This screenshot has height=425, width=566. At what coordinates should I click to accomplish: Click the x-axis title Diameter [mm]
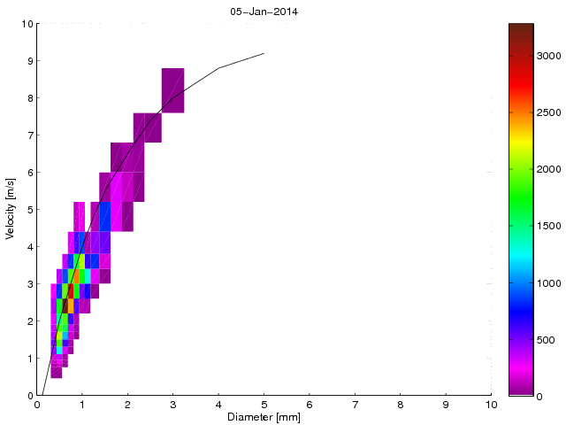click(x=264, y=416)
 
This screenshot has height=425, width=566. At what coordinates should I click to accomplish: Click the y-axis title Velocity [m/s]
click(x=11, y=210)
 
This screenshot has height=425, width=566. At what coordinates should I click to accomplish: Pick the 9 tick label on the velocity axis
click(x=28, y=61)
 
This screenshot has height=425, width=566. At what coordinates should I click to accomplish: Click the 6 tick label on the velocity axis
click(x=28, y=173)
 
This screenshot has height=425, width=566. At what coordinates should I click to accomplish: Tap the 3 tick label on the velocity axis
click(x=28, y=284)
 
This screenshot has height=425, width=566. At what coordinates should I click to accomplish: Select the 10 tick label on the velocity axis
click(x=26, y=24)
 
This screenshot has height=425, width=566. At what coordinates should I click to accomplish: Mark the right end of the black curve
click(x=264, y=53)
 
